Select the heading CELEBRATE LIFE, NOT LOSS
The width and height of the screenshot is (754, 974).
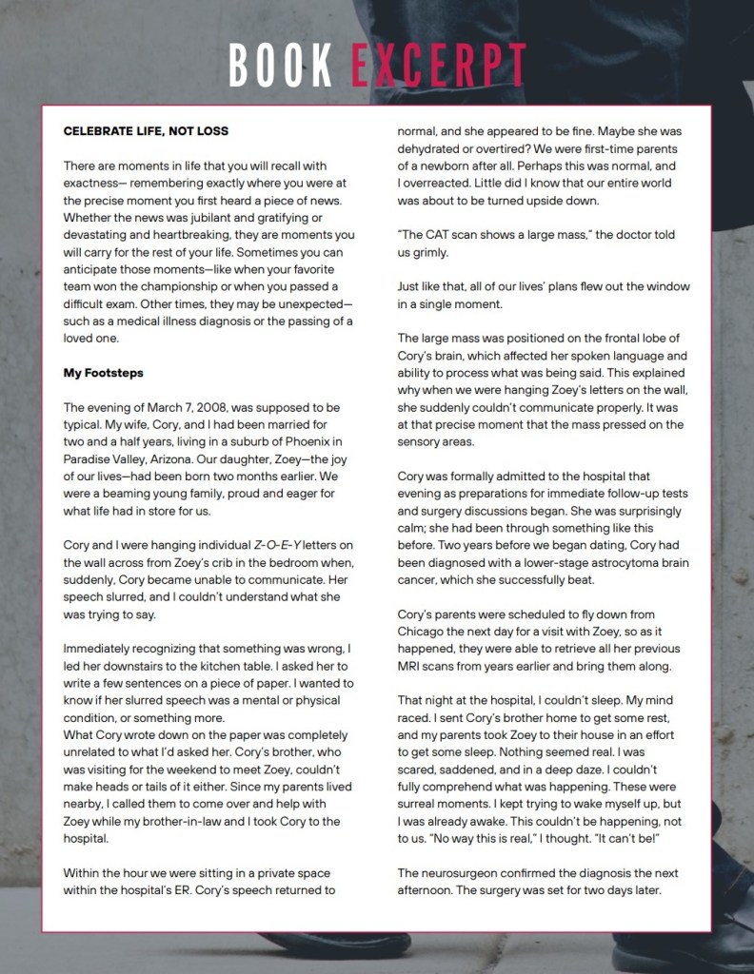click(146, 130)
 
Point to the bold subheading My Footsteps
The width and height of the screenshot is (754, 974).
click(104, 372)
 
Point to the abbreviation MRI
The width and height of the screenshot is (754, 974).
click(411, 666)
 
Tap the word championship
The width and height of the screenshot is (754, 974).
click(199, 269)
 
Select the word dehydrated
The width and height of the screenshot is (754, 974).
click(434, 147)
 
